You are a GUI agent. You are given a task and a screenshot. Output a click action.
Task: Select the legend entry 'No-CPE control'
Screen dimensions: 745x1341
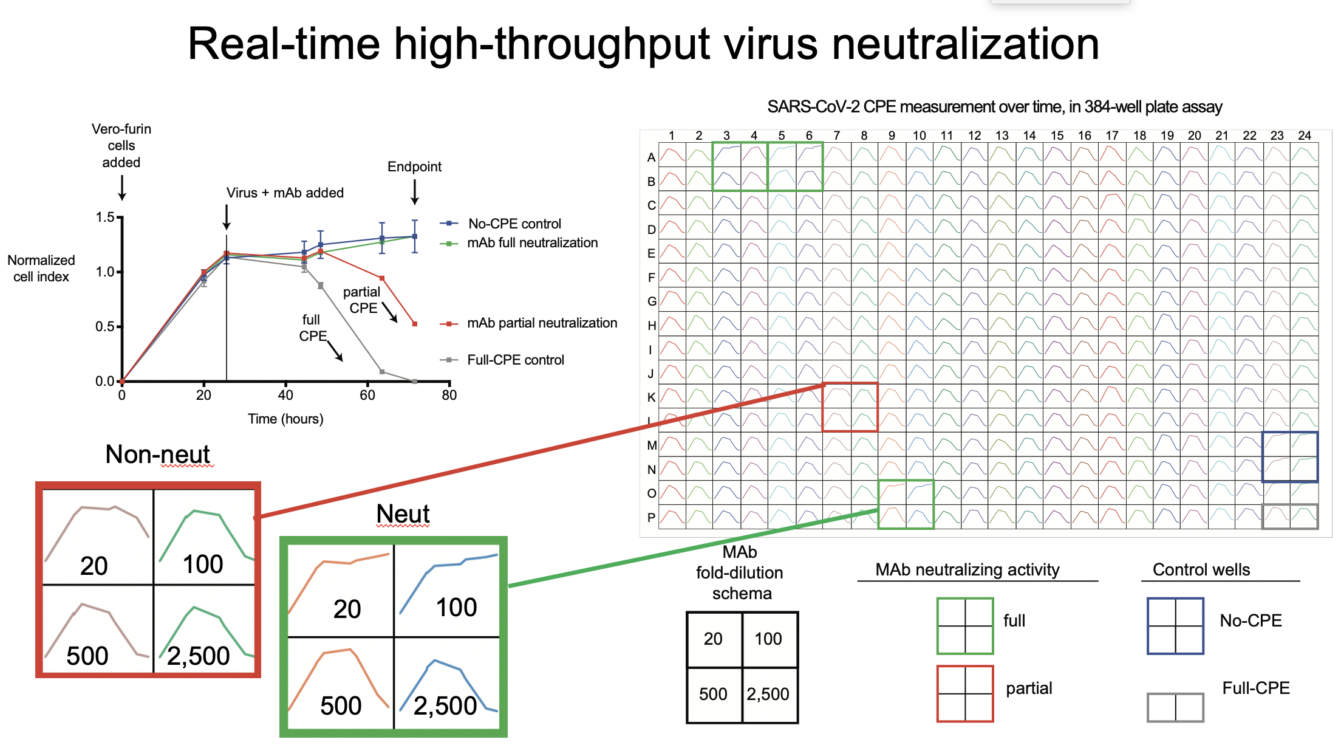pyautogui.click(x=514, y=224)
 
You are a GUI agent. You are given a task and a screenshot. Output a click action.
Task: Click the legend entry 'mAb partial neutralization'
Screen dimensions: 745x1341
pyautogui.click(x=542, y=323)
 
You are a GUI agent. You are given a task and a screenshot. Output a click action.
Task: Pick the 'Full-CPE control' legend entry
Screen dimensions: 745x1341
pyautogui.click(x=515, y=360)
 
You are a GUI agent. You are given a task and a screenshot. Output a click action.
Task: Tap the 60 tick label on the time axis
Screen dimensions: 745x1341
pyautogui.click(x=367, y=395)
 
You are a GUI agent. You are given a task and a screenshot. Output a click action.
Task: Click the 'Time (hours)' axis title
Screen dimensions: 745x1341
pyautogui.click(x=285, y=419)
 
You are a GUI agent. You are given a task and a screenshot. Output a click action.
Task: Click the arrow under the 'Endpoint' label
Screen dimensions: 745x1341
pyautogui.click(x=415, y=192)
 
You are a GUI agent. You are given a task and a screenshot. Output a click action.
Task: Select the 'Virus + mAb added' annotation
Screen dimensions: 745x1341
pyautogui.click(x=285, y=193)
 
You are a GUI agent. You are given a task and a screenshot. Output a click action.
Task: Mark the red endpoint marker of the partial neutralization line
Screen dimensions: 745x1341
pyautogui.click(x=415, y=324)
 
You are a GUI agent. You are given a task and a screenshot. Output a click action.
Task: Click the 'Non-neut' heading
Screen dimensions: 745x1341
pyautogui.click(x=157, y=454)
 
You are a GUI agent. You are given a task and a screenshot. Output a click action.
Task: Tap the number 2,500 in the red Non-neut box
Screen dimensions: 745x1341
pyautogui.click(x=199, y=656)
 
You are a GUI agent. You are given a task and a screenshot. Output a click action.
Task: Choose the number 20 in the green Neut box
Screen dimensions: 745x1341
pyautogui.click(x=347, y=608)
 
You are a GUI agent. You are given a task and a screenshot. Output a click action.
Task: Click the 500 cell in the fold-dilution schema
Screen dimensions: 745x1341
pyautogui.click(x=713, y=694)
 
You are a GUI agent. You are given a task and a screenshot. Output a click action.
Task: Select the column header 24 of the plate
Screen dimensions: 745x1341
pyautogui.click(x=1305, y=136)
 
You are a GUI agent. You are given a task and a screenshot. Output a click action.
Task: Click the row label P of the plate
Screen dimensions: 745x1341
pyautogui.click(x=651, y=518)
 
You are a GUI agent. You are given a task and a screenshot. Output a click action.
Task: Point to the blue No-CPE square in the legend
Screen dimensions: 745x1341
pyautogui.click(x=1175, y=626)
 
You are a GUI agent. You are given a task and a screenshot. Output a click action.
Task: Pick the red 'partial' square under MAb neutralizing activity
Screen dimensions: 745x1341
pyautogui.click(x=964, y=693)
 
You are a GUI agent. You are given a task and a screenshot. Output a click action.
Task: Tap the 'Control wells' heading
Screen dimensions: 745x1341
pyautogui.click(x=1201, y=569)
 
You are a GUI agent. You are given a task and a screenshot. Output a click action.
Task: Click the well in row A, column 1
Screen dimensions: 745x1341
pyautogui.click(x=672, y=154)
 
